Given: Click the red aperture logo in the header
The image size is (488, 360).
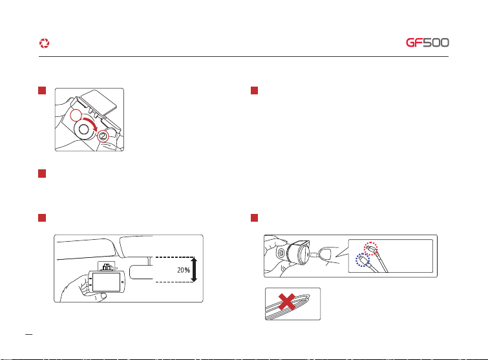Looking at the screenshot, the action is (44, 43).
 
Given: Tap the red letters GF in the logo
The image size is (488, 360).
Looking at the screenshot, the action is (414, 43).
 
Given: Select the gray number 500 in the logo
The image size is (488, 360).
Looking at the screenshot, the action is (436, 43).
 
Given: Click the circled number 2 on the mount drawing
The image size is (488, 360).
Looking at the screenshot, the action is (103, 136).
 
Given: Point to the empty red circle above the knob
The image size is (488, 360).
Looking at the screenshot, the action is (76, 116).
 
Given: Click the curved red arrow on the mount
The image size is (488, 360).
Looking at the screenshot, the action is (91, 123).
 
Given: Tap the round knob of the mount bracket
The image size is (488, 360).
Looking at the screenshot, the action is (84, 130).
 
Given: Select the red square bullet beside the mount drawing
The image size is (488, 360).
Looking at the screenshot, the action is (42, 90).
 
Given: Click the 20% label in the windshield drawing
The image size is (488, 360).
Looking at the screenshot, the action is (184, 270).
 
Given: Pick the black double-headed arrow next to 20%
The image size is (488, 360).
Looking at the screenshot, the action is (194, 270).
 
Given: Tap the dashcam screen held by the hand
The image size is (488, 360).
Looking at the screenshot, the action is (107, 282).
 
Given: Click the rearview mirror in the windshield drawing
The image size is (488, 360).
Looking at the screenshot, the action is (142, 272).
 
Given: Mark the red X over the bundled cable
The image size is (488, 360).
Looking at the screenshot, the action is (286, 302).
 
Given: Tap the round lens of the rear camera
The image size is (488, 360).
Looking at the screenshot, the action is (281, 253).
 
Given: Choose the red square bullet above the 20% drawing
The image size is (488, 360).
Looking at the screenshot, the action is (42, 218).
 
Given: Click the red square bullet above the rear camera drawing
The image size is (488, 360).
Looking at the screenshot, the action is (254, 218).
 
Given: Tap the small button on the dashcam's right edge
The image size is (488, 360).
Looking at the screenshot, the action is (122, 282).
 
